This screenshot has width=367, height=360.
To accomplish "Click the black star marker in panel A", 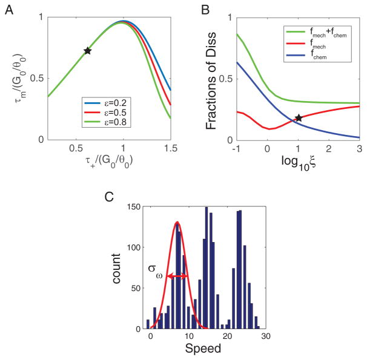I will coord(87,51).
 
